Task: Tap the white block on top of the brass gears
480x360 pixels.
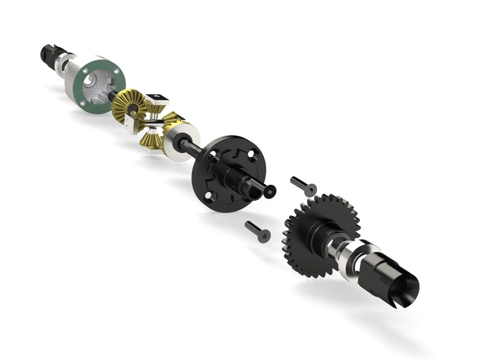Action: point(154,97)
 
